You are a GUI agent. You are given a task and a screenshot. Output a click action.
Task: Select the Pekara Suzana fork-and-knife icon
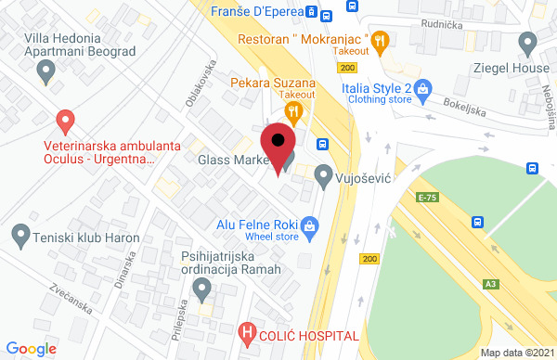pyautogui.click(x=294, y=113)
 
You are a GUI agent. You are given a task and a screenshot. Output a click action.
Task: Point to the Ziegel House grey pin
pyautogui.click(x=528, y=43)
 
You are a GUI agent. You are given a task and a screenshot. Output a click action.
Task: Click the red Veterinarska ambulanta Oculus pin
pyautogui.click(x=65, y=121)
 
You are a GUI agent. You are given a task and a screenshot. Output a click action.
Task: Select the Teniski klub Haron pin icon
pyautogui.click(x=19, y=237)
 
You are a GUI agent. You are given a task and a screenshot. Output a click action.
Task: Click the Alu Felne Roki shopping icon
pyautogui.click(x=310, y=224)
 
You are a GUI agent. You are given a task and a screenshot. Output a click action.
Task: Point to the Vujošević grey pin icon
pyautogui.click(x=323, y=174)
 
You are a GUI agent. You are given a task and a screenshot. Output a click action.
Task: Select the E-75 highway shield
pyautogui.click(x=427, y=198)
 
